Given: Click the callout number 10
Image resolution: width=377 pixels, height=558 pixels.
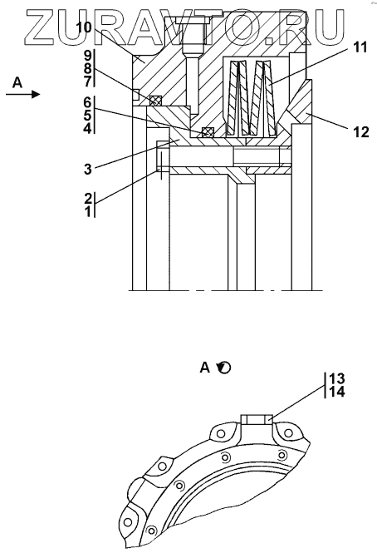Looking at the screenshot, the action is coord(84,27).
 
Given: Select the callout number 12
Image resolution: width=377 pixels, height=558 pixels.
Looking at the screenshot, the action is coord(361,132).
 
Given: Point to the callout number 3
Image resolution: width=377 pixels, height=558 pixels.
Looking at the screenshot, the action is coord(88,169).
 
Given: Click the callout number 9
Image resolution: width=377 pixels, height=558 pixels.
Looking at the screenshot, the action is coord(88,56).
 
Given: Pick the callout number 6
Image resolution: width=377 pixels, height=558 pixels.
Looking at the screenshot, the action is coord(88,103).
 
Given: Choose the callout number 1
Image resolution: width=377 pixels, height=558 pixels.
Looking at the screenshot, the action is coord(88,211).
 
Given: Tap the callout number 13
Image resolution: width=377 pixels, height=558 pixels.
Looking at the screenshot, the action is coord(337,378).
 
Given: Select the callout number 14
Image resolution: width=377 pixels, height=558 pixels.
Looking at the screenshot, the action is coord(337,392).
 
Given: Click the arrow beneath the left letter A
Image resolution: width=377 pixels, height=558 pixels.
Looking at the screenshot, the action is coord(23,94).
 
